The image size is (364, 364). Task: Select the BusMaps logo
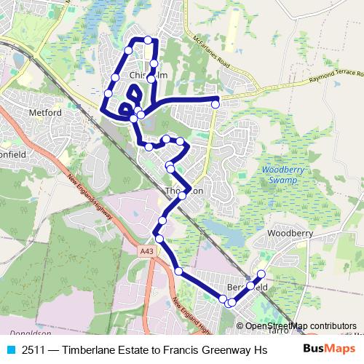click(x=325, y=349)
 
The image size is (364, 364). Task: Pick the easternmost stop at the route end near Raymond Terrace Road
click(x=215, y=104)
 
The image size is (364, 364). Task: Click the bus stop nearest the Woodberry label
click(x=261, y=274)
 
